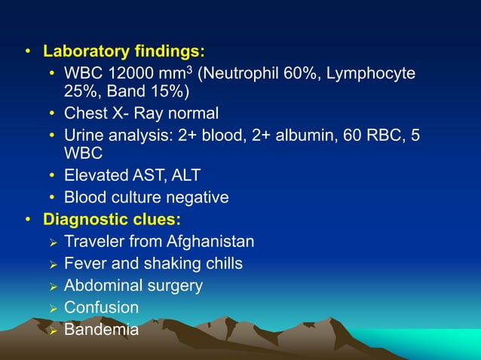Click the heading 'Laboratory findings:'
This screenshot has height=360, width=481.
click(x=124, y=52)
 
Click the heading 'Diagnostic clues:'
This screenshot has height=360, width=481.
click(x=112, y=220)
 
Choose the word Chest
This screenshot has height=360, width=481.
click(x=86, y=114)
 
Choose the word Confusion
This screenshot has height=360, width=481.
click(x=101, y=307)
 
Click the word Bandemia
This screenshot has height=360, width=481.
click(x=101, y=329)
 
